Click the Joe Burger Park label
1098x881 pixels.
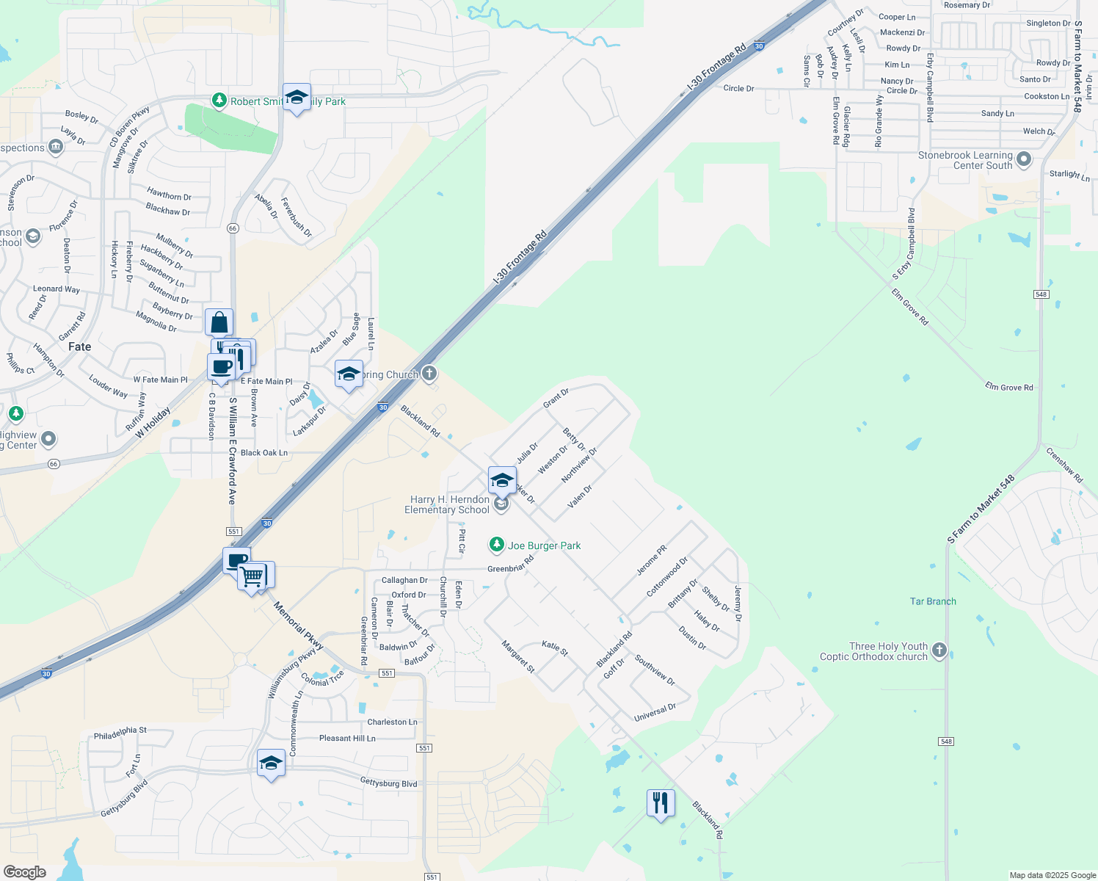tap(544, 545)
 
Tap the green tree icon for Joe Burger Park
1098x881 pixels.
tap(497, 545)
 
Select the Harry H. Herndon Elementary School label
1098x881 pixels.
tap(447, 504)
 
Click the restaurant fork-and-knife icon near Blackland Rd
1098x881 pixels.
tap(661, 803)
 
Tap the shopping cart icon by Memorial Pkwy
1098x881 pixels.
tap(252, 576)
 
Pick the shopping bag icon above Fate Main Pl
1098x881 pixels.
tap(219, 322)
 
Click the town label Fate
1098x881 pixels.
tap(79, 347)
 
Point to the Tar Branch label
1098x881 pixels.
tap(933, 601)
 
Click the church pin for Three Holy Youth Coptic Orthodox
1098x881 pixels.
tap(939, 650)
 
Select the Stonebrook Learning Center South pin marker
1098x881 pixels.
tap(1025, 159)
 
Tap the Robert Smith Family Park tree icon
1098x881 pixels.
tap(219, 101)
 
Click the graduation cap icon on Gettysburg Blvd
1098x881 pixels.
tap(271, 764)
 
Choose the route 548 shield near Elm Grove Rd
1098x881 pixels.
tap(1041, 294)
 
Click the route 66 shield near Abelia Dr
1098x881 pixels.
tap(233, 228)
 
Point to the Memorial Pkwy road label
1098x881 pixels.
tap(299, 626)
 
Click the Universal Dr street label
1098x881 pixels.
tap(655, 712)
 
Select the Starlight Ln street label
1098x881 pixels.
tap(1069, 175)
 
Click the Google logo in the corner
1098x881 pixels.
tap(25, 871)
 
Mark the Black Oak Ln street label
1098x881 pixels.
tap(264, 453)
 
